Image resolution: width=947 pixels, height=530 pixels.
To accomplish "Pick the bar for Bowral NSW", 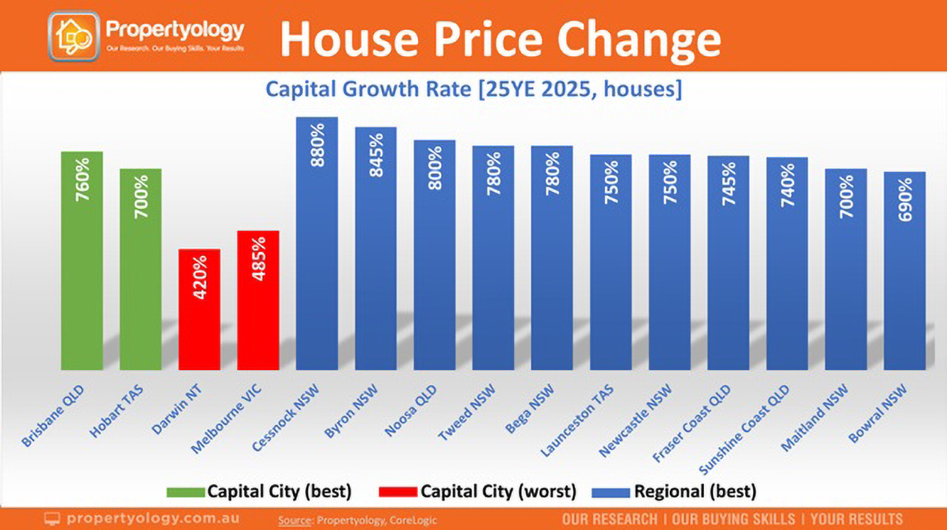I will point(904,271).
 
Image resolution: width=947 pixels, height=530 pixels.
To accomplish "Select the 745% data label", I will point(728,184).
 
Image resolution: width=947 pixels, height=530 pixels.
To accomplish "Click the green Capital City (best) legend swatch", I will point(186,492).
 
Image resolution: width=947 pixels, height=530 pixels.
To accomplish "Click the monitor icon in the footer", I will point(53,519).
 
